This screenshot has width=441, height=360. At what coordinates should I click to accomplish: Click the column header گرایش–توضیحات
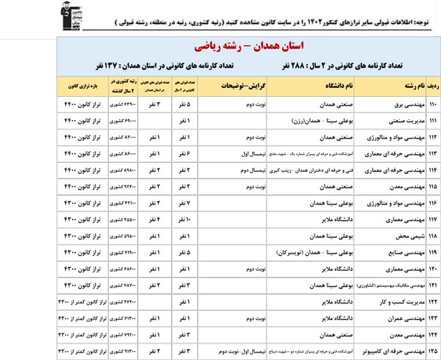tap(242, 87)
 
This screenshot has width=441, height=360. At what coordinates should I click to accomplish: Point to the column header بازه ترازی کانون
tap(80, 87)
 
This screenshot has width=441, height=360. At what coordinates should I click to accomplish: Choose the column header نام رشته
tap(399, 87)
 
